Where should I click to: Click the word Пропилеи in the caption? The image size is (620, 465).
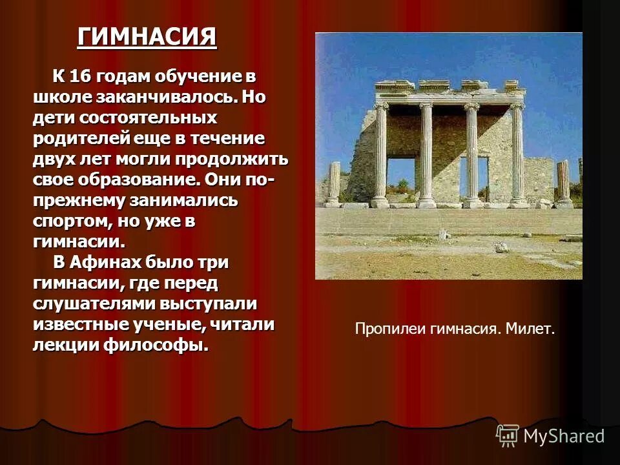386,329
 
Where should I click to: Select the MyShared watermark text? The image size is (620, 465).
564,436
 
